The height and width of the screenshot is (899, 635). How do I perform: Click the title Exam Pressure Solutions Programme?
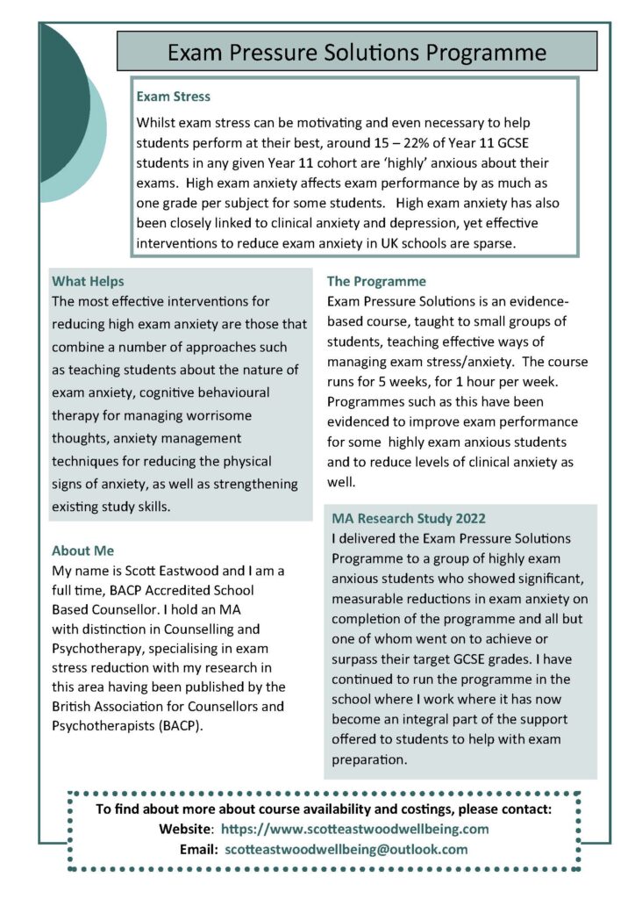click(x=357, y=52)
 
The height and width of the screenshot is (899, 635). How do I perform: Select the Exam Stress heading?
click(x=173, y=96)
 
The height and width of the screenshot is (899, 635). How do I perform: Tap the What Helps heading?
click(x=88, y=282)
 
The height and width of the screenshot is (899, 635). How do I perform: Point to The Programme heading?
click(x=376, y=282)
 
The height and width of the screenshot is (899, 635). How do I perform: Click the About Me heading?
click(x=82, y=550)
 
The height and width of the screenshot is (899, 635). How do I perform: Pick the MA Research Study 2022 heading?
click(x=408, y=518)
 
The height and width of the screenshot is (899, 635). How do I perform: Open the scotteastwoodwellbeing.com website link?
click(x=354, y=829)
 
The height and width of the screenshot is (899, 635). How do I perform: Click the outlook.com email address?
click(x=346, y=849)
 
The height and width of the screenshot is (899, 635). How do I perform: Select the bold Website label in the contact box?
click(x=185, y=829)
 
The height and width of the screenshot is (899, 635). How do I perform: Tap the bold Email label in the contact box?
click(x=197, y=849)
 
